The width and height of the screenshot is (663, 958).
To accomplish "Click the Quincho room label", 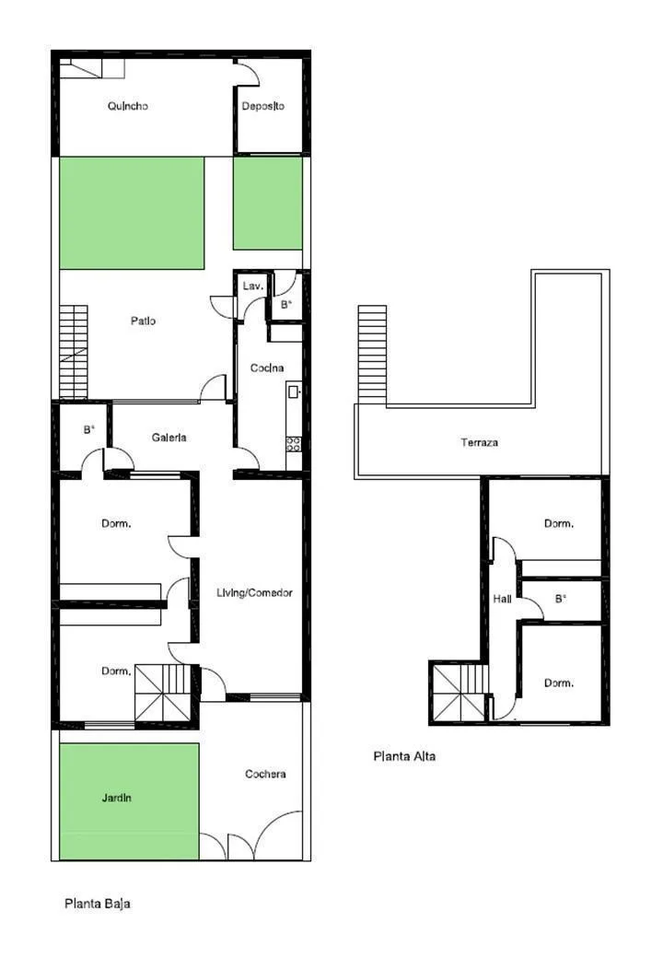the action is click(x=128, y=106).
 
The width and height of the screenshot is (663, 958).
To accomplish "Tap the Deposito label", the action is click(x=262, y=106).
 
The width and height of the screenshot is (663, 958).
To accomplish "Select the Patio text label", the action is click(x=143, y=321).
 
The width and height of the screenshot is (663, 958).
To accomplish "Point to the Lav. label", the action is click(x=252, y=286).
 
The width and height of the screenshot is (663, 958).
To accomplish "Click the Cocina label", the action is click(x=267, y=368).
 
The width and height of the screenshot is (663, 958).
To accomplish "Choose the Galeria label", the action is click(x=169, y=438).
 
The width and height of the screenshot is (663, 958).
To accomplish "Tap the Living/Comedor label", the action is click(x=254, y=592).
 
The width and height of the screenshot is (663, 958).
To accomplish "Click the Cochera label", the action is click(x=265, y=774).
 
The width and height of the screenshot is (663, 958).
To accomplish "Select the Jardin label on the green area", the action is click(x=117, y=798).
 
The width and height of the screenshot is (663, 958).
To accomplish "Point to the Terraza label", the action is click(x=479, y=442).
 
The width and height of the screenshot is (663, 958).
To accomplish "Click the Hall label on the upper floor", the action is click(x=503, y=600).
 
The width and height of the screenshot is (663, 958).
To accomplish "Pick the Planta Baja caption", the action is click(x=98, y=903).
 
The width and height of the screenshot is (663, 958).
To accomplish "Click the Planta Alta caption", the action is click(x=404, y=756).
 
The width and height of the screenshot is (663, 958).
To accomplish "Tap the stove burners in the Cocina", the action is click(x=293, y=444).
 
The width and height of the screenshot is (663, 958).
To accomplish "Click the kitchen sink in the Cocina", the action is click(x=294, y=391).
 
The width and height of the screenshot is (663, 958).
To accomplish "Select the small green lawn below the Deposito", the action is click(x=268, y=204).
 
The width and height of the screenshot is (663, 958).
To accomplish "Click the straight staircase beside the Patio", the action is click(x=74, y=353).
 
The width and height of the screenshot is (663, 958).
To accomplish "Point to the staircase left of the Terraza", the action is click(x=372, y=355).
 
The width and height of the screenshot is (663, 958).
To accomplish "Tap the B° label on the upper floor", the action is click(x=561, y=600).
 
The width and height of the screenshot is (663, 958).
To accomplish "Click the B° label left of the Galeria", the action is click(x=89, y=430).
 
